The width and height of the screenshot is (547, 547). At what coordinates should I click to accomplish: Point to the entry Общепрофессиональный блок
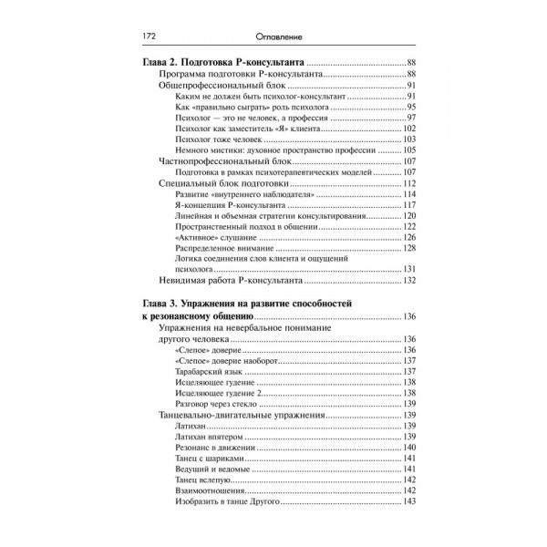click(212, 85)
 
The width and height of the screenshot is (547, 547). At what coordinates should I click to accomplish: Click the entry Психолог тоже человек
click(216, 139)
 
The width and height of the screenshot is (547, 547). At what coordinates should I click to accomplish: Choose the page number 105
click(409, 150)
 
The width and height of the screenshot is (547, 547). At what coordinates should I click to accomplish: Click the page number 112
click(409, 184)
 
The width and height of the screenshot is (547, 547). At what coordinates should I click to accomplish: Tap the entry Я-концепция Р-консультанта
click(229, 206)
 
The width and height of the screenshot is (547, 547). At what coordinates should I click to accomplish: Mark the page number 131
click(409, 269)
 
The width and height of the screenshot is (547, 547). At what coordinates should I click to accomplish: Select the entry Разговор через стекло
click(216, 404)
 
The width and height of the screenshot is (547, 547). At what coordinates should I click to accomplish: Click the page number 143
click(409, 502)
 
